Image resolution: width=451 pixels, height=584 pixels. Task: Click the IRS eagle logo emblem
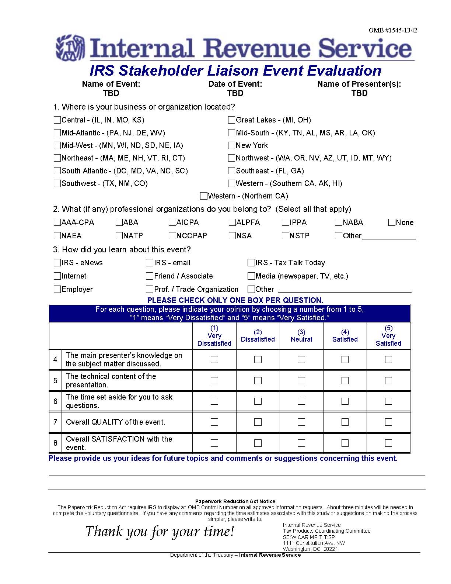tap(70, 48)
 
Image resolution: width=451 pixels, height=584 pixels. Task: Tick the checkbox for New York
tap(231, 145)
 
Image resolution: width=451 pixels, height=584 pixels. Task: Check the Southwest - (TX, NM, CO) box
tap(57, 183)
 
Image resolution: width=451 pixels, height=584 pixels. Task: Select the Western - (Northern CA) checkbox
tap(203, 196)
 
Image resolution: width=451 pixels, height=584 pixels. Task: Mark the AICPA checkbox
tap(172, 222)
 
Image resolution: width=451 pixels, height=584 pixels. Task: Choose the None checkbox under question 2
tap(392, 222)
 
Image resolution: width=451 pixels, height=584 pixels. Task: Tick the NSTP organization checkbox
tap(285, 236)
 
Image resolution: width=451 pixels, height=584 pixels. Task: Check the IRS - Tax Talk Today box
tap(251, 263)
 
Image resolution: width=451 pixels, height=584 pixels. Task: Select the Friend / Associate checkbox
tap(149, 276)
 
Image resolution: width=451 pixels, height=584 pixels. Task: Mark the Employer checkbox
tap(57, 289)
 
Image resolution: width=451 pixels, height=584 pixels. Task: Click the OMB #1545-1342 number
tap(393, 30)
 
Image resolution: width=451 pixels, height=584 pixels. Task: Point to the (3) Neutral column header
tap(301, 336)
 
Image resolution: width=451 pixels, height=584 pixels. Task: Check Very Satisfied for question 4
tap(388, 359)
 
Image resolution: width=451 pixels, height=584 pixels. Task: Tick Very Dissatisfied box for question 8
tap(214, 443)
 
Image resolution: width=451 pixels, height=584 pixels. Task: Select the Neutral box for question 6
tap(301, 401)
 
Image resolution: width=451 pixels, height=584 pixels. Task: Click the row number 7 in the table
tap(55, 422)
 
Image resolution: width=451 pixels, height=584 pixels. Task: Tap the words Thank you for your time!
tap(160, 532)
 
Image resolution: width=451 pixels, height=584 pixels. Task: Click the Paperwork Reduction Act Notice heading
tap(235, 501)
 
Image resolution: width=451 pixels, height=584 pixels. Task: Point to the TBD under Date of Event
tap(235, 93)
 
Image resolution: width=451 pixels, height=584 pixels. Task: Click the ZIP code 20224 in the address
tap(331, 549)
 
